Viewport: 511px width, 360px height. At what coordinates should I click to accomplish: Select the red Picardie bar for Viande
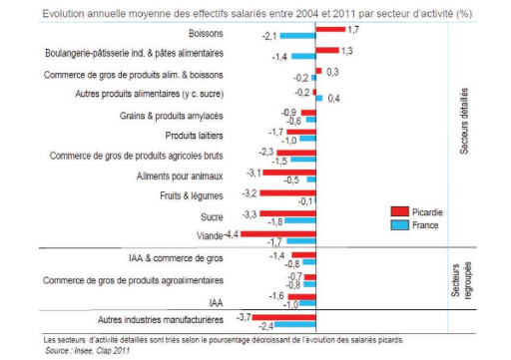pos(276,234)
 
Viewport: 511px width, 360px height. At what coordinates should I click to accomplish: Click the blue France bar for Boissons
pos(297,36)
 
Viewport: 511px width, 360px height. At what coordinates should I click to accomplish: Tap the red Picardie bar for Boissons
pos(329,30)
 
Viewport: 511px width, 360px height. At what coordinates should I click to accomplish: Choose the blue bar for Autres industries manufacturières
pos(295,324)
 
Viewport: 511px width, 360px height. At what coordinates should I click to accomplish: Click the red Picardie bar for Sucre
pos(288,214)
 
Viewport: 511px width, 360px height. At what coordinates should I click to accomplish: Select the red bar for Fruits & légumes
pos(288,192)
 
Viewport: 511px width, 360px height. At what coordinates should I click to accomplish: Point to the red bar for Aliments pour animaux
pos(289,173)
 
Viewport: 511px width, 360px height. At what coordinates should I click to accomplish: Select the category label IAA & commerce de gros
pos(176,259)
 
